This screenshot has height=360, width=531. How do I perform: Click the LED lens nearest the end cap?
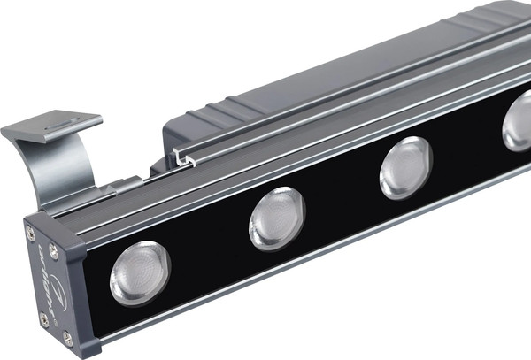coord(140,272)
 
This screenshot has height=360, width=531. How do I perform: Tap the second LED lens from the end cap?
coord(276,218)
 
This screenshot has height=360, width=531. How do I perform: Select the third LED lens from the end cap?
coord(405,168)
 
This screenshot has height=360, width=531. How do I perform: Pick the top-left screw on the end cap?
coord(31,232)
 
